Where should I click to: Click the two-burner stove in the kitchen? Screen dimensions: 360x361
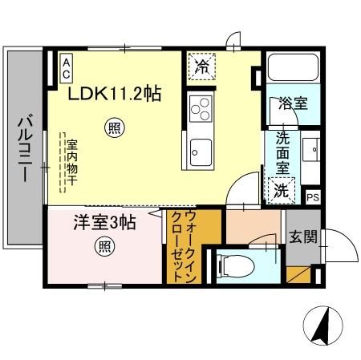pos(200,107)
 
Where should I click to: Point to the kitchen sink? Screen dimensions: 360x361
pos(200,151)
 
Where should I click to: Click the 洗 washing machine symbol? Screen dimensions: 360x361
pos(281,190)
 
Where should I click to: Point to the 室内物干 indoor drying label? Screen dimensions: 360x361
pos(71,160)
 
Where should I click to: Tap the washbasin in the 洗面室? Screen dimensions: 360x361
pos(311,152)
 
